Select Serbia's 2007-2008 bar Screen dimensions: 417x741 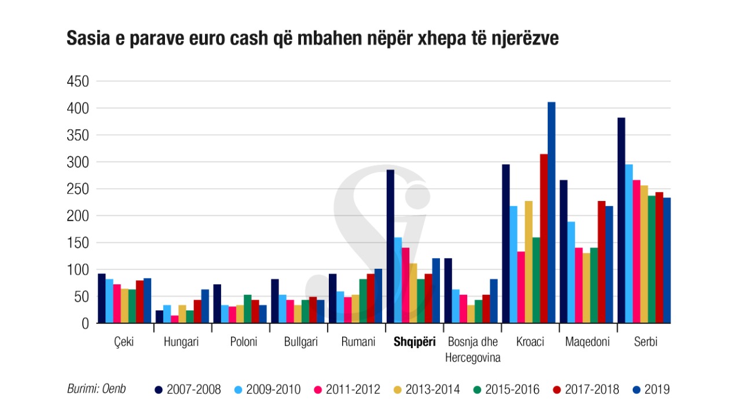coord(621,220)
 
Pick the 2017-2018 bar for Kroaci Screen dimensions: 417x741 coord(544,238)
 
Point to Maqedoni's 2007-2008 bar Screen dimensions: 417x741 coord(563,251)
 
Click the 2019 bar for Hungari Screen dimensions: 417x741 coord(205,306)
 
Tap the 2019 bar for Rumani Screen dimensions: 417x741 coord(378,295)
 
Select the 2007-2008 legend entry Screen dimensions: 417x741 coord(188,389)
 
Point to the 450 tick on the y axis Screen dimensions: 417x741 coord(77,82)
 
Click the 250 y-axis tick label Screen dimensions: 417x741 coord(77,189)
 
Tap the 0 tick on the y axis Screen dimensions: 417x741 coord(85,324)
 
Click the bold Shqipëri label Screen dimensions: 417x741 coord(414,342)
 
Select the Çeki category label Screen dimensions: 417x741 coord(124,342)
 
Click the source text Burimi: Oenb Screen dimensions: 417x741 coord(96,389)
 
